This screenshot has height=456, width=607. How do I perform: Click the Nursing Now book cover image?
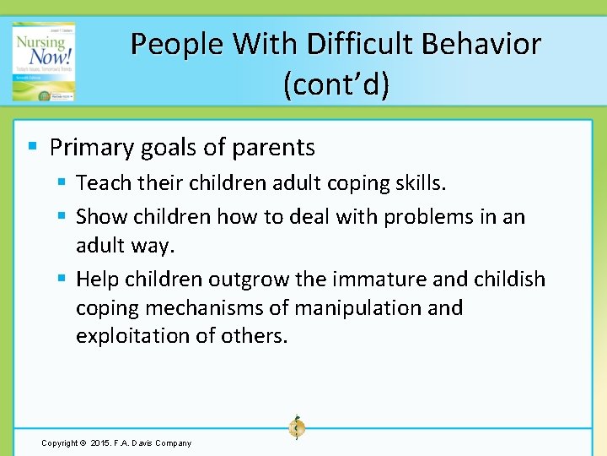tap(44, 62)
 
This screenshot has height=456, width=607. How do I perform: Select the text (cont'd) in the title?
tap(336, 85)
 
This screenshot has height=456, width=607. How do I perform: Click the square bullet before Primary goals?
tap(32, 146)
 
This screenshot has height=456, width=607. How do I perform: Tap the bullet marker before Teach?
tap(62, 182)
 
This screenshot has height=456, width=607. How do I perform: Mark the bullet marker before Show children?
tap(62, 216)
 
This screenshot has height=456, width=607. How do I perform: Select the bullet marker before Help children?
tap(62, 278)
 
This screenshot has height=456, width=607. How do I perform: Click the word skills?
tap(420, 183)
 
